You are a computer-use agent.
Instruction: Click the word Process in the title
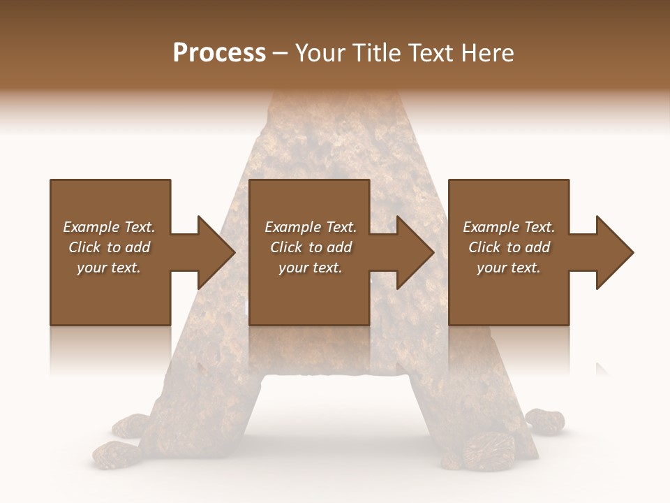(x=219, y=53)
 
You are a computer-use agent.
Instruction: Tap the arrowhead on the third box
(x=613, y=252)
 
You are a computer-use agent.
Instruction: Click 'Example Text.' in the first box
(x=109, y=227)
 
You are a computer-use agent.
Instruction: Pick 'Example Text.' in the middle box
(x=311, y=227)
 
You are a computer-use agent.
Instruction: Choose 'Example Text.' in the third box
(x=509, y=227)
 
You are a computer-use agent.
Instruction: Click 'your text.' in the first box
(x=109, y=268)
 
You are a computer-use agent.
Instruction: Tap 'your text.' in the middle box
(x=311, y=268)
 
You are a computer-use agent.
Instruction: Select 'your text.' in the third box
(x=509, y=268)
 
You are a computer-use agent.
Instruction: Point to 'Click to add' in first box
(x=109, y=247)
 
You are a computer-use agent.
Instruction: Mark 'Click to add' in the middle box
(x=311, y=247)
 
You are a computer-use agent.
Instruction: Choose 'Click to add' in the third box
(x=509, y=247)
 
